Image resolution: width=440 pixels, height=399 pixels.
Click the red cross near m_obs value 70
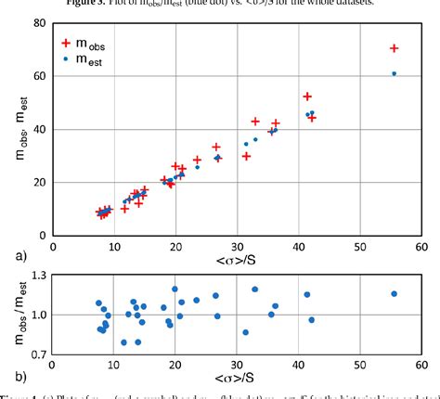point(395,48)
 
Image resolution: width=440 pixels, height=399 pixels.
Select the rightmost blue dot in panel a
point(395,73)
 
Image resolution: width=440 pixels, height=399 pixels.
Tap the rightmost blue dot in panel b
point(395,294)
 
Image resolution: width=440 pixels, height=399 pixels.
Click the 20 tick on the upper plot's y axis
point(39,182)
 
